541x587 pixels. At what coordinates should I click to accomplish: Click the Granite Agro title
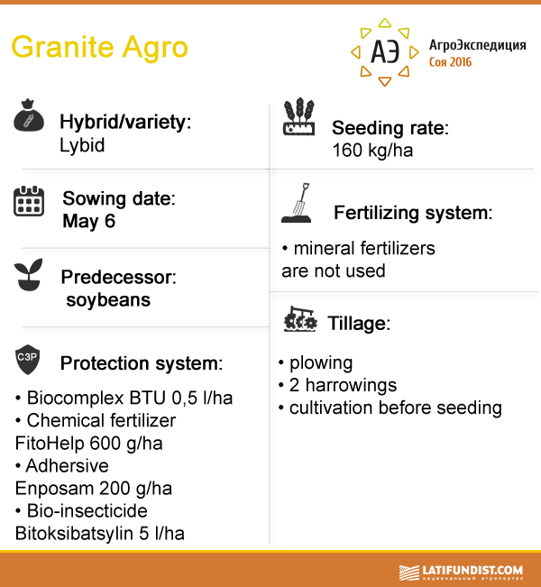tap(99, 48)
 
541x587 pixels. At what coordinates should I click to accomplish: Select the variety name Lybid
tap(82, 146)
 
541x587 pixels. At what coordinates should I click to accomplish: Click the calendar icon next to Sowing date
tap(29, 201)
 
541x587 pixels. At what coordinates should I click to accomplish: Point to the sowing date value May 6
tap(88, 221)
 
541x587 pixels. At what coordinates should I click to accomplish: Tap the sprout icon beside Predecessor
tap(28, 274)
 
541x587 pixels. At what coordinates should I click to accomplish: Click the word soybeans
tap(108, 300)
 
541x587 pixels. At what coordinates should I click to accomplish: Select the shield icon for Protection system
tap(27, 360)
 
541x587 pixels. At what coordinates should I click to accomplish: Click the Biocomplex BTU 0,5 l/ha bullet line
tap(124, 398)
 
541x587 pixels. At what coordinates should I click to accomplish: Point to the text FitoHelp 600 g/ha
tap(88, 444)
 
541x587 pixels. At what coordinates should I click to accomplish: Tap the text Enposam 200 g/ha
tap(94, 489)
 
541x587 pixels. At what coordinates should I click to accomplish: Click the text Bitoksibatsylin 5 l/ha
tap(99, 534)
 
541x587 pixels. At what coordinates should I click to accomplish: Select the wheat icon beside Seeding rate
tap(298, 116)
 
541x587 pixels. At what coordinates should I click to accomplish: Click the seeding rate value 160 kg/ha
tap(372, 151)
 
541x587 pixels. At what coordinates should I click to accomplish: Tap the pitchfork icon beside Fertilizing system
tap(297, 203)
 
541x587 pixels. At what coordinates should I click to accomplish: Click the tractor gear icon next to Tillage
tap(300, 319)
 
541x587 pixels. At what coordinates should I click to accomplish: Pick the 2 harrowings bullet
tap(338, 385)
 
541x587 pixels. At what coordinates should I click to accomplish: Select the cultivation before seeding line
tap(390, 408)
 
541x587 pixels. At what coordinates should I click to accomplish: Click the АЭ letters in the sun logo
tap(385, 51)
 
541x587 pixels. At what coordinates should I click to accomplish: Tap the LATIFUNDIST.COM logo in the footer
tap(461, 573)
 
